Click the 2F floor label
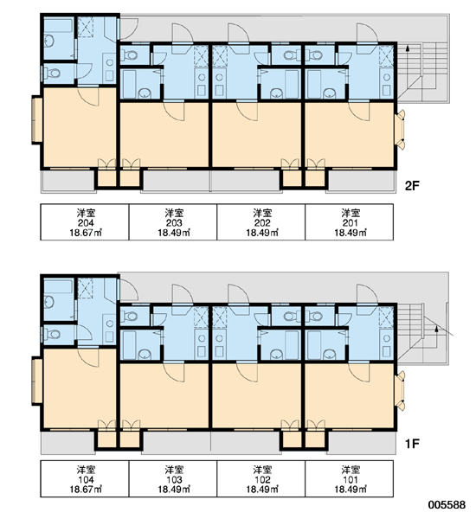coord(412,186)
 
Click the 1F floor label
coord(412,444)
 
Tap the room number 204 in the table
coord(86,223)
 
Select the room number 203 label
coord(174,223)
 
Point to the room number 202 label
coord(262,223)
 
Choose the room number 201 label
coord(351,223)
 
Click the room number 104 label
coord(86,479)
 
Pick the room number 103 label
coord(174,479)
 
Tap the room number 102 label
coord(262,479)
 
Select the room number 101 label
coord(351,479)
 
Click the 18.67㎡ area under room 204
coord(86,233)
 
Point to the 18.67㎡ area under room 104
coord(86,490)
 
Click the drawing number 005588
coord(447,505)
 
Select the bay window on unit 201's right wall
coord(401,130)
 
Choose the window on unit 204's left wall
coord(36,120)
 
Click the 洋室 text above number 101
coord(351,470)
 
